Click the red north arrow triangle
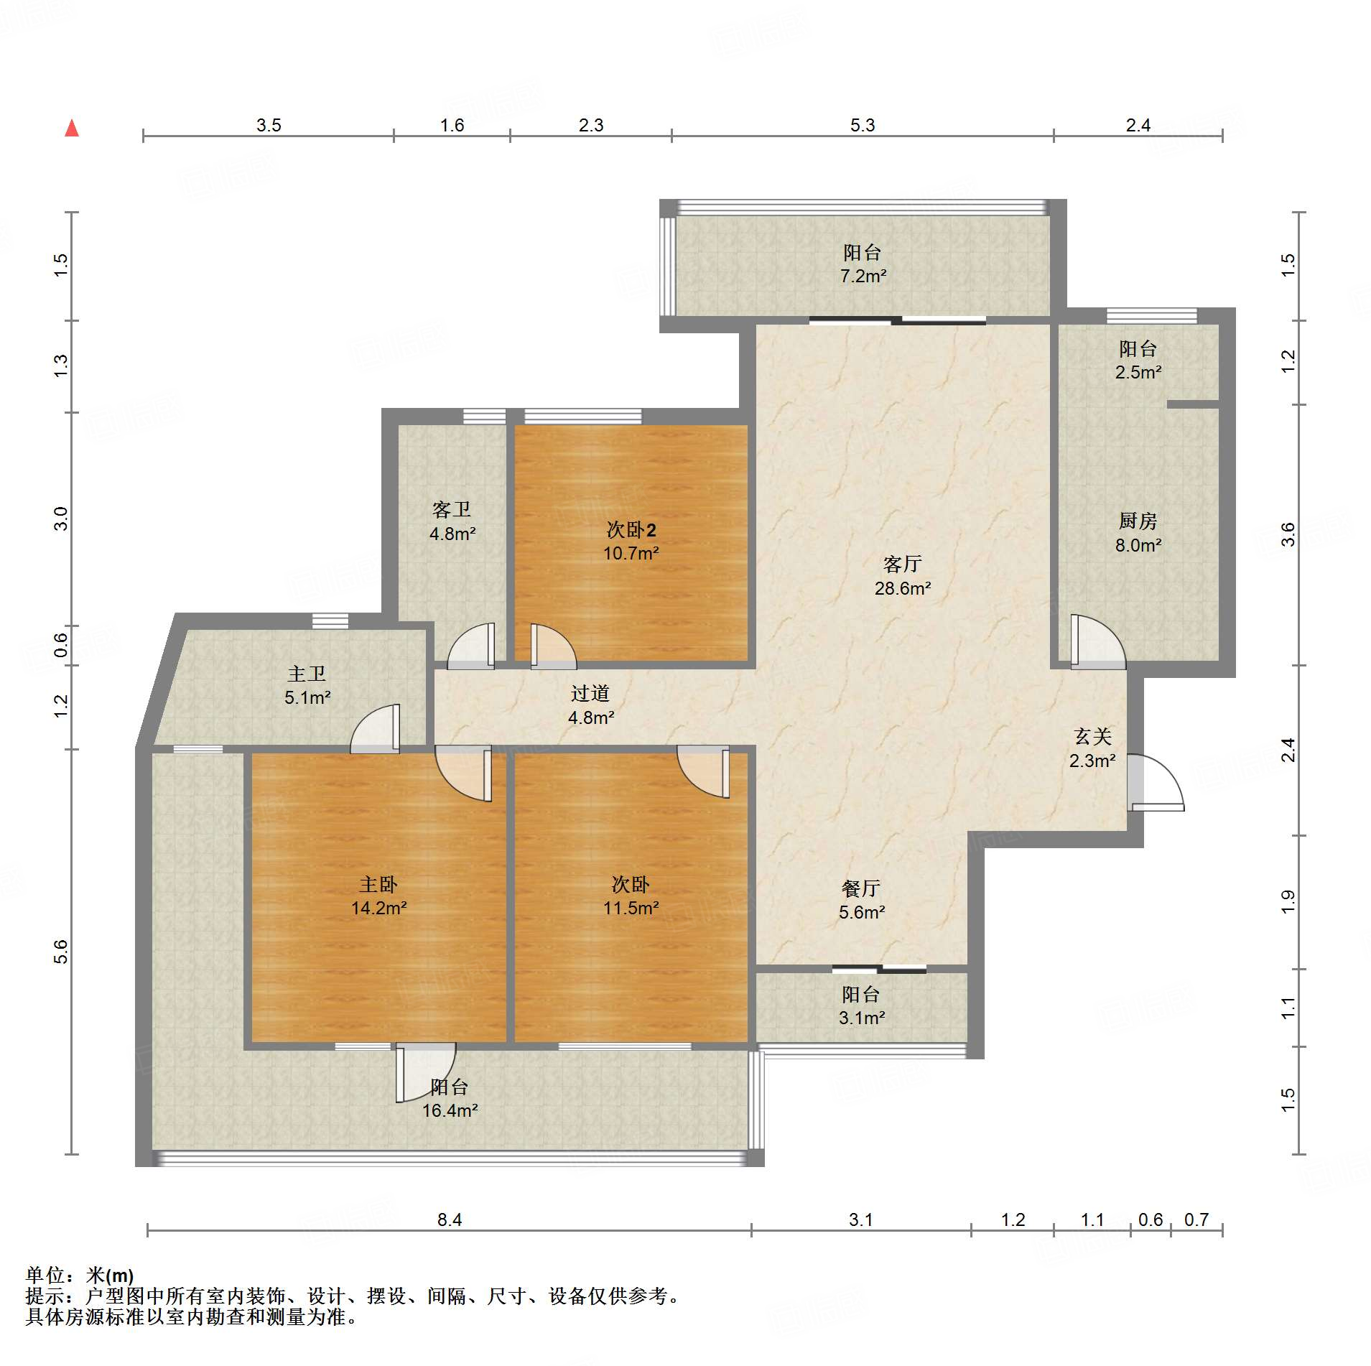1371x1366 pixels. [72, 129]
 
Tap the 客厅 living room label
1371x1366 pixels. [902, 564]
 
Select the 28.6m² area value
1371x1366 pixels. [903, 588]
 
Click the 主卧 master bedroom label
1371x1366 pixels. [378, 884]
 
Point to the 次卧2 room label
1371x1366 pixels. [631, 530]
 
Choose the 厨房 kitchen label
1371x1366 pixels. [1138, 521]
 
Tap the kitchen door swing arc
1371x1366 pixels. [1098, 641]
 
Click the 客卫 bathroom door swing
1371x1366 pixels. [471, 646]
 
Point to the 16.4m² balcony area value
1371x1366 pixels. [450, 1110]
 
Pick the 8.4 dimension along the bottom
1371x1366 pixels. [450, 1219]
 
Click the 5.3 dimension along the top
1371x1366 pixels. [863, 125]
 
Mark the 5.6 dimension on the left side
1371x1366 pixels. [61, 952]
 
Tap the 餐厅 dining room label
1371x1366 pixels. [861, 888]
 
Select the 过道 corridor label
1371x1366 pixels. [590, 693]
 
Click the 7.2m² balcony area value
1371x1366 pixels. [863, 276]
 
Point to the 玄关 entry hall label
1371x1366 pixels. [1093, 736]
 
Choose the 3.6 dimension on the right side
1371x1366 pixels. [1288, 534]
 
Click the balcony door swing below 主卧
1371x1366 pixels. [425, 1072]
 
